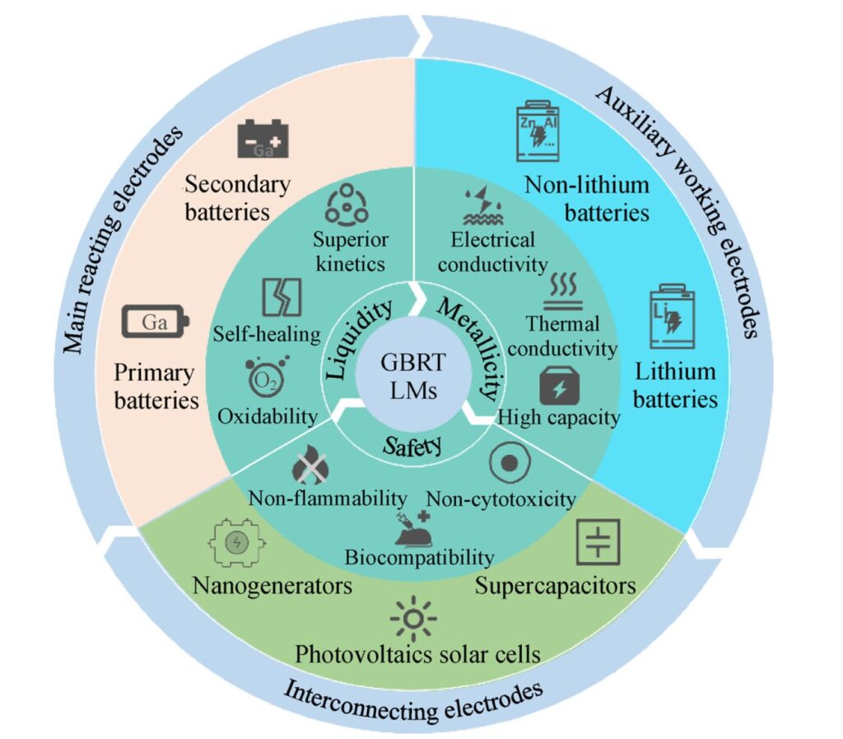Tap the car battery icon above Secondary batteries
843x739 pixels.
coord(263,140)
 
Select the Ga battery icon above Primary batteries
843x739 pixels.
coord(156,322)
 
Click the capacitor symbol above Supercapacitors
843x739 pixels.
coord(597,541)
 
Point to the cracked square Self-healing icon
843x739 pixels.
coord(280,298)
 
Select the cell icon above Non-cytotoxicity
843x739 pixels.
coord(508,463)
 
